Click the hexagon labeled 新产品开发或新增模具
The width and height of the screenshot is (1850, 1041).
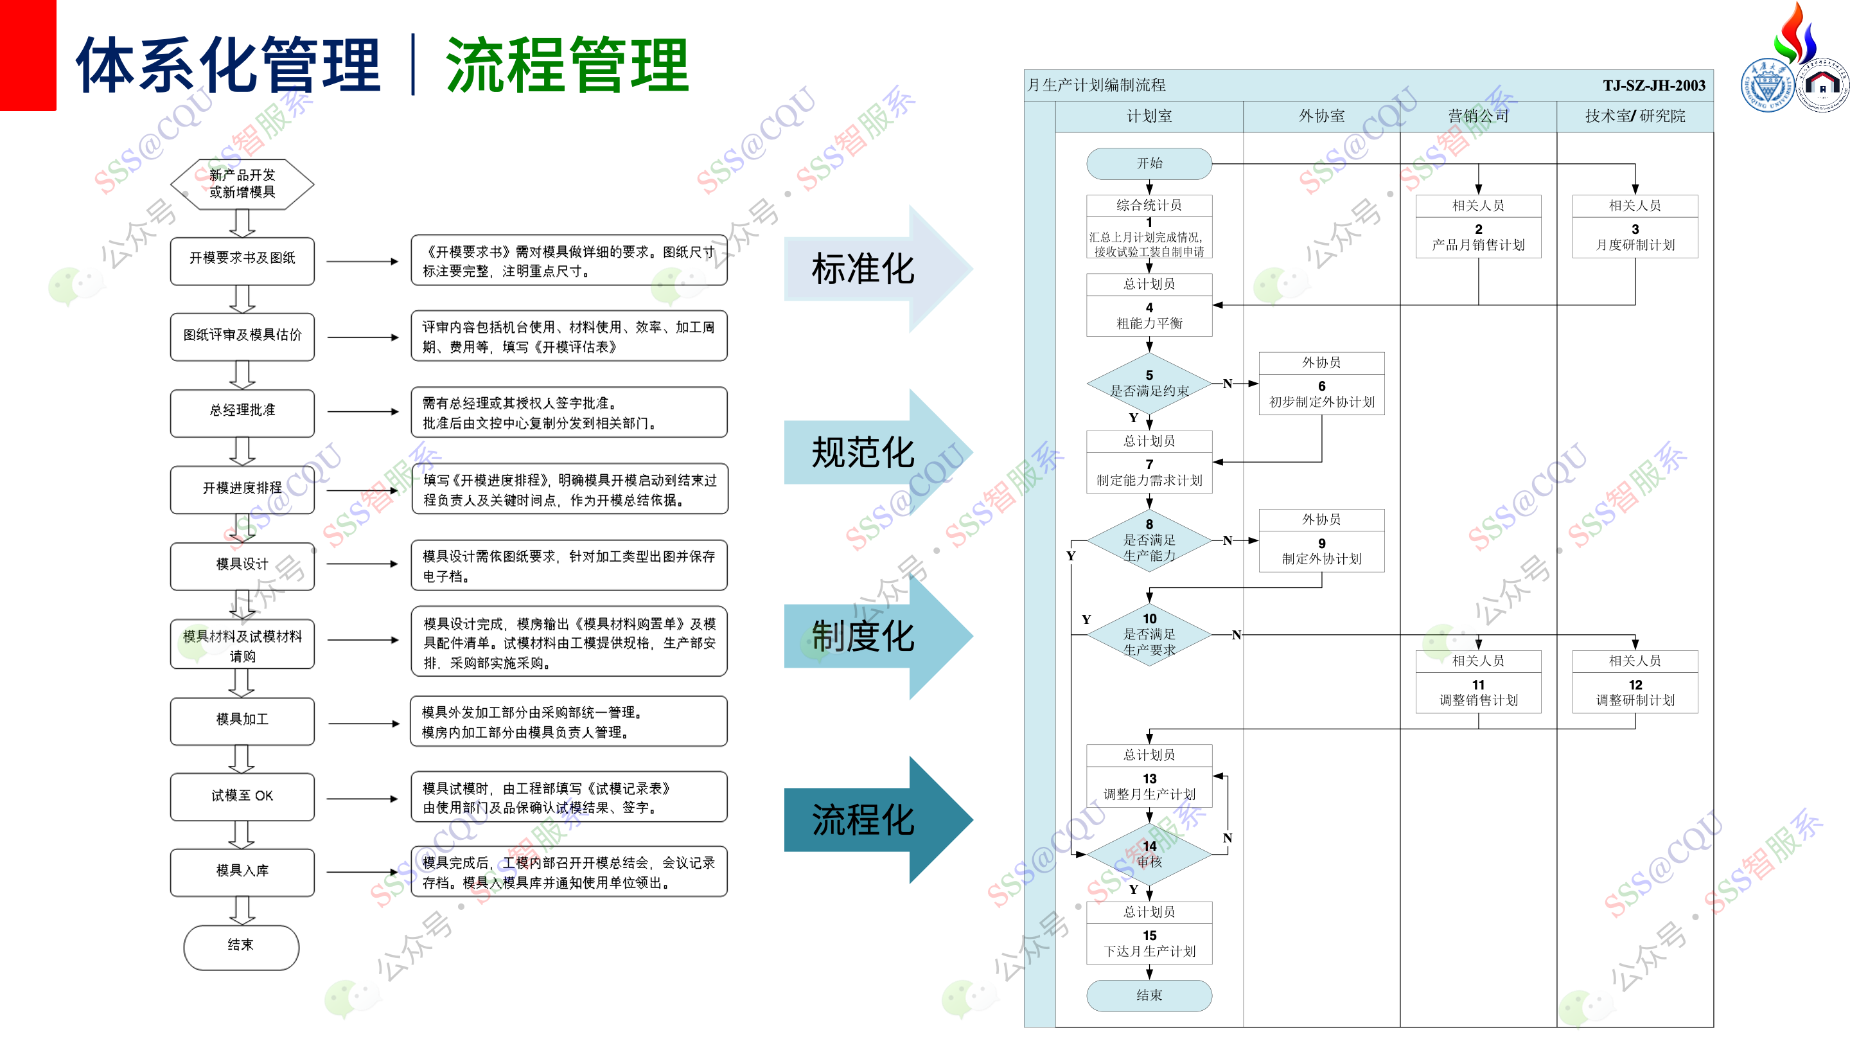coord(242,184)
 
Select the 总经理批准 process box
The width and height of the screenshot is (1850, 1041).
coord(242,412)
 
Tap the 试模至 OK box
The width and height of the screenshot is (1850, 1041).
coord(242,796)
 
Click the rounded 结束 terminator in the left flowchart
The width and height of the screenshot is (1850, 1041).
coord(242,946)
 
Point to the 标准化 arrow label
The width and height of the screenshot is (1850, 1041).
coord(863,269)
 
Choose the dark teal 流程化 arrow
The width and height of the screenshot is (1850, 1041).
coord(863,820)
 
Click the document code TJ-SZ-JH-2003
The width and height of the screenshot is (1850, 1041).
coord(1653,85)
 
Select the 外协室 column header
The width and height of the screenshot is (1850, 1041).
coord(1321,116)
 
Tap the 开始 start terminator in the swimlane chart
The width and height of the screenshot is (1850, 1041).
coord(1149,164)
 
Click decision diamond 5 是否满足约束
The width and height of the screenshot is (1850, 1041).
coord(1149,384)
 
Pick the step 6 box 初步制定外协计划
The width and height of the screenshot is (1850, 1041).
coord(1321,395)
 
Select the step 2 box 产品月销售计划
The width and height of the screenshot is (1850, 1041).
coord(1478,238)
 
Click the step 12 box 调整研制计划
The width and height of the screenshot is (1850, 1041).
coord(1635,693)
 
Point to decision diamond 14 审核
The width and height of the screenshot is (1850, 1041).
coord(1149,854)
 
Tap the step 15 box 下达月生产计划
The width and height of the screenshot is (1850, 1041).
coord(1149,944)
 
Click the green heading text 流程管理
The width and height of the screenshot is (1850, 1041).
coord(567,66)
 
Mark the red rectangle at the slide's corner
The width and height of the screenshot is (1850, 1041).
coord(27,55)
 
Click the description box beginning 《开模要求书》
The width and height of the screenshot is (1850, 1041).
coord(568,261)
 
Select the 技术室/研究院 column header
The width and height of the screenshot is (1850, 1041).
coord(1635,116)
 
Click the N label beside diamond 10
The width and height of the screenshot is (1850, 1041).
coord(1236,635)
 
